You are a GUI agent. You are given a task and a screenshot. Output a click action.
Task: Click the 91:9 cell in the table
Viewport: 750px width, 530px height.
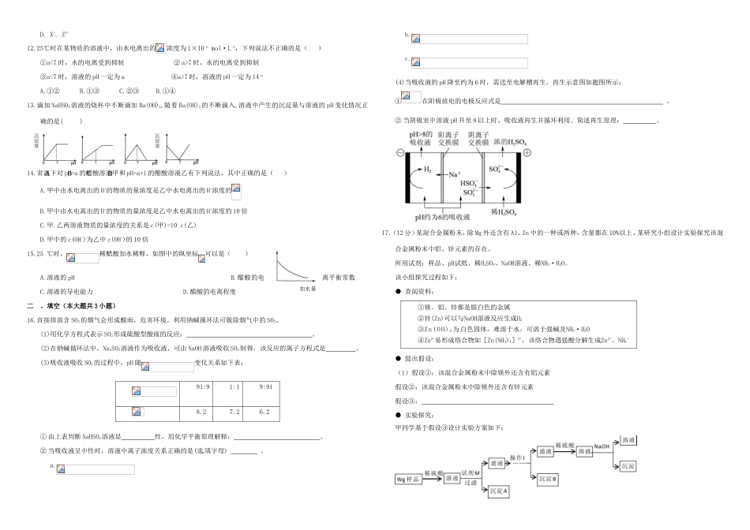tap(203, 386)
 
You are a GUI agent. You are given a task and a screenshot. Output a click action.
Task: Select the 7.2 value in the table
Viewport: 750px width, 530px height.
tap(234, 412)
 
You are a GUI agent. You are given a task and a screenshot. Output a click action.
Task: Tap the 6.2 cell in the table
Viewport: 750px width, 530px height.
tap(264, 412)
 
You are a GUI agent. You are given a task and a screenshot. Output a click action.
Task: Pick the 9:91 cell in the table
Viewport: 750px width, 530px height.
tap(265, 386)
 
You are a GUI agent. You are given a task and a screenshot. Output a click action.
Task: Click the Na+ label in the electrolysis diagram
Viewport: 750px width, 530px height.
tap(455, 174)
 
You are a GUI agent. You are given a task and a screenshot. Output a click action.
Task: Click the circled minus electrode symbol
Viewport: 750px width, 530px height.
tap(399, 152)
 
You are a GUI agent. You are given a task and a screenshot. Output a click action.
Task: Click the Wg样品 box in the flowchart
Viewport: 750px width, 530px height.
tap(408, 478)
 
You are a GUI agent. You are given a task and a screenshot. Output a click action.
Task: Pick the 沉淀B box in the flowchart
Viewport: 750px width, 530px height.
tap(548, 478)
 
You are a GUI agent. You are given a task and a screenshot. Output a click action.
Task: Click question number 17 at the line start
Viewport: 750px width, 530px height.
tap(385, 233)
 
